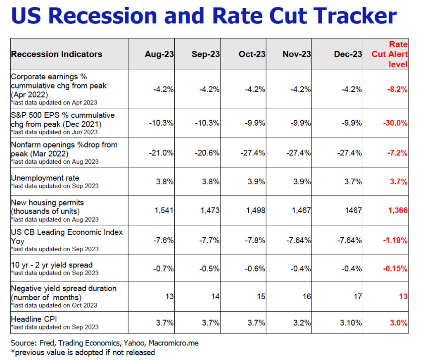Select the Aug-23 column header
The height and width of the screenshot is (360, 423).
tap(159, 54)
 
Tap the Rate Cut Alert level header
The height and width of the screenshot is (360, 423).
tap(390, 54)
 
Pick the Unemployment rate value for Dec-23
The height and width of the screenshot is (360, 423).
tap(353, 181)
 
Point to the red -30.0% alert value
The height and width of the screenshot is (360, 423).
tap(395, 123)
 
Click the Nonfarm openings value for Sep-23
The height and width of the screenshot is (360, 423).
tap(207, 153)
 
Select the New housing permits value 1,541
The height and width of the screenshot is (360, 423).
tap(164, 210)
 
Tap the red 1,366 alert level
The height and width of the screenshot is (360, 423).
tap(398, 210)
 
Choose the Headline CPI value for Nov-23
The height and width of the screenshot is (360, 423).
tap(302, 323)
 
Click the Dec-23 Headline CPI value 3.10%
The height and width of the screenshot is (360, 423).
tap(351, 323)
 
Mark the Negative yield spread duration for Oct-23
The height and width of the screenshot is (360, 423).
tap(261, 297)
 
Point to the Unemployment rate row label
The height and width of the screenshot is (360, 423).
tap(45, 178)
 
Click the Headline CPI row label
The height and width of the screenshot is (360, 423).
tap(34, 319)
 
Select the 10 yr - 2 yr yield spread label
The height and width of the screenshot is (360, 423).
tap(52, 265)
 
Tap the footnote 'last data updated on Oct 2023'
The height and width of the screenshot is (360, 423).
tap(54, 305)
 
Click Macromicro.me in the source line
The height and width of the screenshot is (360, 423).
tap(173, 343)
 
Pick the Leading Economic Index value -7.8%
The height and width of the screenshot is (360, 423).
tap(255, 240)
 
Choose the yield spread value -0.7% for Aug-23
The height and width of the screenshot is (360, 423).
tap(164, 269)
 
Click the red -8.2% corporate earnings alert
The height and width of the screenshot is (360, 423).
tap(397, 89)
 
